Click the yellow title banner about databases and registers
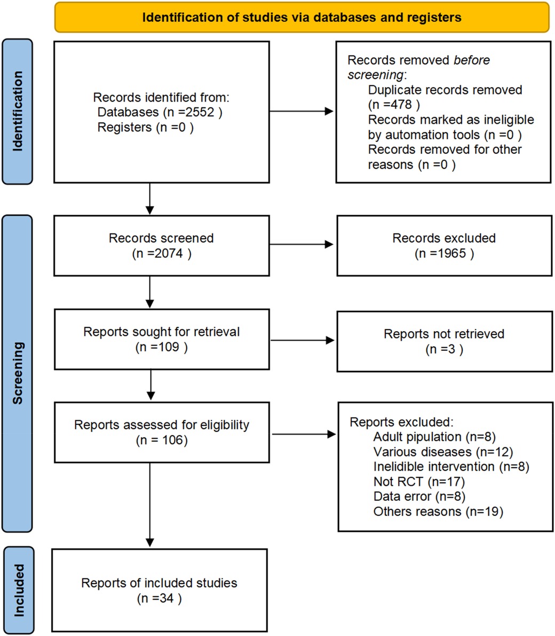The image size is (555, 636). [302, 17]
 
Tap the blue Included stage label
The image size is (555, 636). [18, 590]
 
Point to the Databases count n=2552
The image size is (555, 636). [160, 113]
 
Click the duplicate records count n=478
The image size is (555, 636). [394, 105]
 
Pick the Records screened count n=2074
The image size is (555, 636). [161, 254]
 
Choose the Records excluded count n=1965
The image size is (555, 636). [444, 254]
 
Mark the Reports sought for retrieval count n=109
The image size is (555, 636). [161, 347]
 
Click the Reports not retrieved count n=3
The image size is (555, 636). [444, 350]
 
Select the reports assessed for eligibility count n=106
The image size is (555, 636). [161, 441]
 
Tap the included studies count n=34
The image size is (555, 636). [159, 598]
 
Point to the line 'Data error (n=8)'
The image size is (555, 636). [419, 497]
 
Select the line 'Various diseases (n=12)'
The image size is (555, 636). [442, 452]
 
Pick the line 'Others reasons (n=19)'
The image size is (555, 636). [438, 512]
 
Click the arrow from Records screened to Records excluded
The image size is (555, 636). [302, 245]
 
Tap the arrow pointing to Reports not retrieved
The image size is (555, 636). [302, 340]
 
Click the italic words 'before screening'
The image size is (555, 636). [419, 68]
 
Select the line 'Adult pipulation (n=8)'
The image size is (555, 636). [434, 437]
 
